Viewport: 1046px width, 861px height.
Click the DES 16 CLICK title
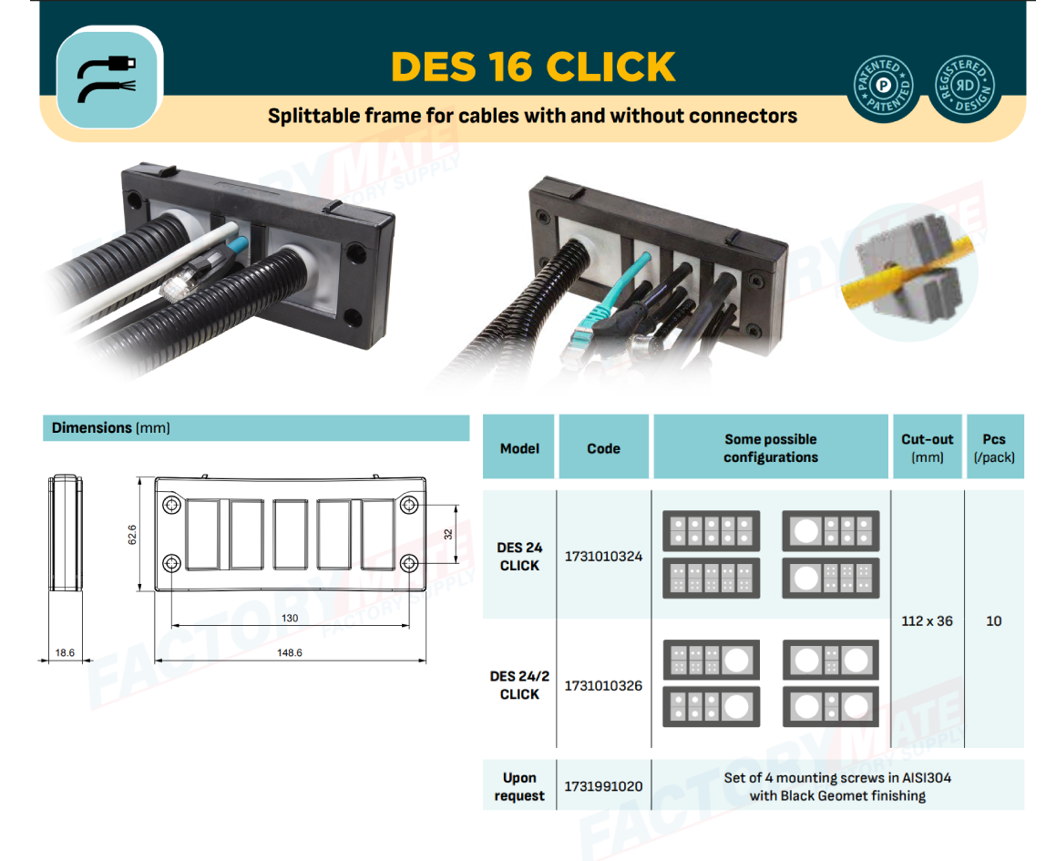click(x=533, y=67)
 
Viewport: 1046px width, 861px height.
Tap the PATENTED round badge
click(x=884, y=86)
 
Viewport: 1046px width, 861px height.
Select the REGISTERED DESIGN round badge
click(x=965, y=86)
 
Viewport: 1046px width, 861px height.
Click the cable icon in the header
click(x=107, y=77)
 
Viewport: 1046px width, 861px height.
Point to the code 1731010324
click(x=603, y=556)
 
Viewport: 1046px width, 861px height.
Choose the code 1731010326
click(x=603, y=685)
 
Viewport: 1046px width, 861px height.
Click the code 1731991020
click(x=603, y=786)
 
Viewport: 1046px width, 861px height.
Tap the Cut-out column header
click(x=928, y=448)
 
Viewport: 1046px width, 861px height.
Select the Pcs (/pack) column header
click(x=994, y=448)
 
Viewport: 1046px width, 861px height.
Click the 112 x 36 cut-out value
click(x=928, y=620)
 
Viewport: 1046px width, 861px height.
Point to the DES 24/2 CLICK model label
click(x=519, y=685)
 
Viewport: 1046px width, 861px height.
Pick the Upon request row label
click(x=519, y=786)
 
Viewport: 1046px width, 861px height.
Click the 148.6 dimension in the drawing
click(x=290, y=652)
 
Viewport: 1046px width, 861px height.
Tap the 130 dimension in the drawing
click(x=290, y=619)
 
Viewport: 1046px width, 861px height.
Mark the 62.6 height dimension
click(x=132, y=534)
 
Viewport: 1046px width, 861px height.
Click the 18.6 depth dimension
click(x=65, y=652)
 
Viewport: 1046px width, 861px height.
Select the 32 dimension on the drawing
click(x=448, y=534)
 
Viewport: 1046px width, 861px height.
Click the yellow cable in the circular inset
click(x=908, y=273)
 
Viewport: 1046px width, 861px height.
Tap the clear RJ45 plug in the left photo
click(x=176, y=286)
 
